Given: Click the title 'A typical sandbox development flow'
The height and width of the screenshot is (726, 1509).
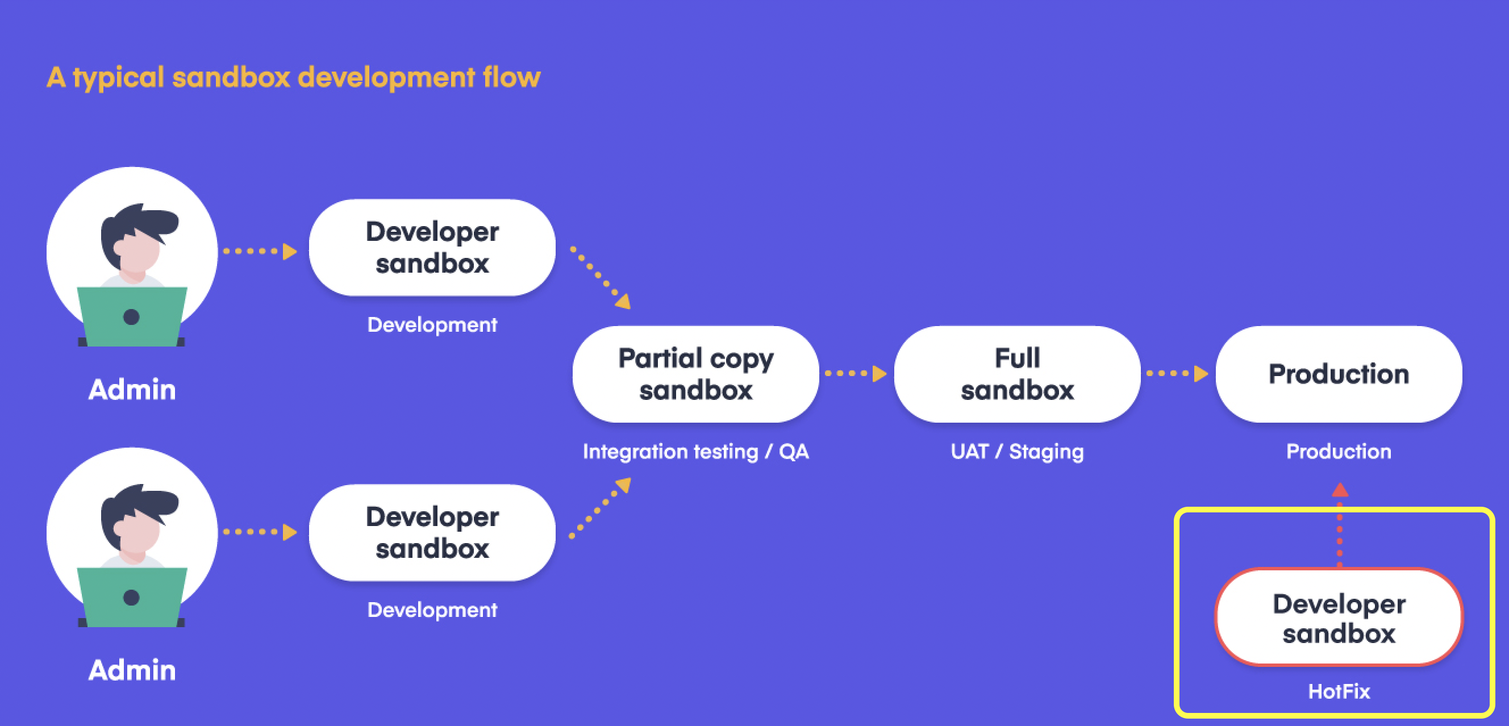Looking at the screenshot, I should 293,77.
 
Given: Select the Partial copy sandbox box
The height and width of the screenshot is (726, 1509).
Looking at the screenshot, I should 695,374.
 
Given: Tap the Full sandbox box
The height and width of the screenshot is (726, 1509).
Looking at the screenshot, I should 1017,374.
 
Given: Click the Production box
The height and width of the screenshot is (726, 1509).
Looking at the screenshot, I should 1339,374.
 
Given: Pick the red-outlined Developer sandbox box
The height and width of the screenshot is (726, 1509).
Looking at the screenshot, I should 1339,617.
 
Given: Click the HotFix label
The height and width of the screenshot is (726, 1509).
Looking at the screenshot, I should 1339,691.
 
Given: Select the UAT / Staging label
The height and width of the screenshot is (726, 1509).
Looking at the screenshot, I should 1017,452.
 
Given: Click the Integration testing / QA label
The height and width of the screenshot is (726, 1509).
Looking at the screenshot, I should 695,452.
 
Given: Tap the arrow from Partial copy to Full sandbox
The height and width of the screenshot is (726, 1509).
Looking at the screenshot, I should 856,373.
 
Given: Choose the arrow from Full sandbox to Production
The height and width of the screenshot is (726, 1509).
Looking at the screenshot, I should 1177,373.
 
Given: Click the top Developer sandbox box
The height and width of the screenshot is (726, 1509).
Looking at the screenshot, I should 432,248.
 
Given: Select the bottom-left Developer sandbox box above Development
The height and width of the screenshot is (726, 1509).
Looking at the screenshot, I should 432,533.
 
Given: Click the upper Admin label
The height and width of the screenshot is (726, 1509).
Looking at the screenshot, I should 132,389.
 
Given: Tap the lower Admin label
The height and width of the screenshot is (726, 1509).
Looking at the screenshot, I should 132,670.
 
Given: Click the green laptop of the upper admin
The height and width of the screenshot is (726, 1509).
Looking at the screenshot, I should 132,317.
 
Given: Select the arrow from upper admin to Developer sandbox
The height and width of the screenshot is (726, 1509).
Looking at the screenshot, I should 260,251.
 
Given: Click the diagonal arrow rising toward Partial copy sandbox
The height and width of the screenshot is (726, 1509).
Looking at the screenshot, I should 600,508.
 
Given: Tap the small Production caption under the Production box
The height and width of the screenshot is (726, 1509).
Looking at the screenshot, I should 1339,452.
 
